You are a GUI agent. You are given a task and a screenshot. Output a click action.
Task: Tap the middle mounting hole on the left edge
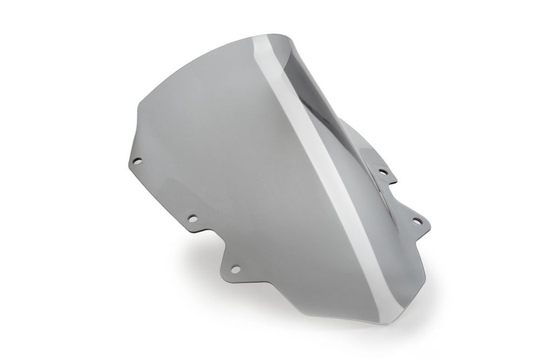[x=191, y=219]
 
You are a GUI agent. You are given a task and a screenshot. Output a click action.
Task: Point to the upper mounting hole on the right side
[x=383, y=172]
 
